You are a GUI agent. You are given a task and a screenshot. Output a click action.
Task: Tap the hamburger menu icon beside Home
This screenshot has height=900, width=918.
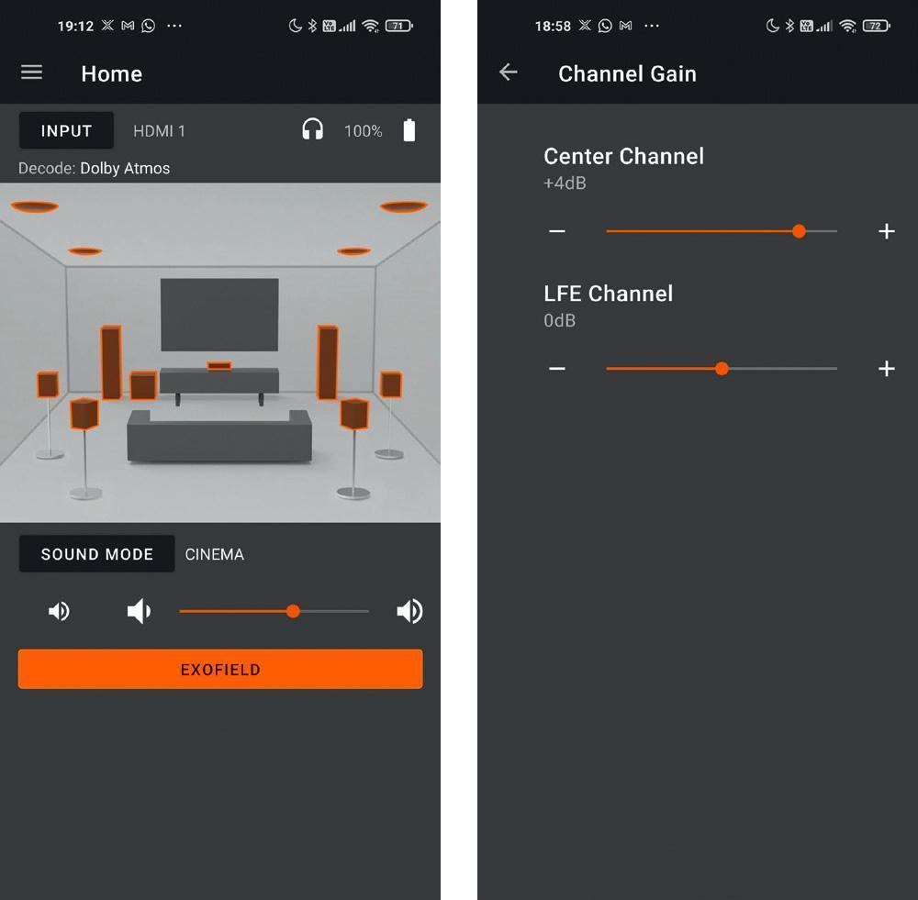(31, 72)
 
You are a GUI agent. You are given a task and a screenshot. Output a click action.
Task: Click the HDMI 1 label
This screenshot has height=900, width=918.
(159, 131)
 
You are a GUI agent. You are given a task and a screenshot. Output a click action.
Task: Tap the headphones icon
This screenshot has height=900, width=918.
(313, 129)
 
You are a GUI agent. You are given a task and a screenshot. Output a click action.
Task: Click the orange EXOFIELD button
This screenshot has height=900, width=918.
(220, 669)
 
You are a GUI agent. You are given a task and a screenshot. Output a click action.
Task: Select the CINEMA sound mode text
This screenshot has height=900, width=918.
(214, 554)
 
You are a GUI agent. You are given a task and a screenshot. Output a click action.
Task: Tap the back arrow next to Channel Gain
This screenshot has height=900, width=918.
(509, 72)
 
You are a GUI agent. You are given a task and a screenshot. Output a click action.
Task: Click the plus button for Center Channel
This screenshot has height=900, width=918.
(887, 231)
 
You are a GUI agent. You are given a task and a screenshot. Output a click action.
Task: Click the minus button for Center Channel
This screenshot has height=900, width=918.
(557, 231)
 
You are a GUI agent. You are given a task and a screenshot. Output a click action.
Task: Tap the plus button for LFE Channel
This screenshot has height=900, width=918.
(887, 369)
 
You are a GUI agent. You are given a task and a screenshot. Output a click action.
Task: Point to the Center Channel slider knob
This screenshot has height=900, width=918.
(799, 231)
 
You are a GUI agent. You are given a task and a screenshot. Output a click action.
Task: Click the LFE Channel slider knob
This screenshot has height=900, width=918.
(722, 369)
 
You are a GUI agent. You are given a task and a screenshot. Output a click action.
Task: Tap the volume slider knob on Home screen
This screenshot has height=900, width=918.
(294, 612)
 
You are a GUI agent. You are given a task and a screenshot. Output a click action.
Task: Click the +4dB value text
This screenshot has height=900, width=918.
(565, 183)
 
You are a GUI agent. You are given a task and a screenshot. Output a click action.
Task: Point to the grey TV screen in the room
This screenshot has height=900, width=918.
(219, 315)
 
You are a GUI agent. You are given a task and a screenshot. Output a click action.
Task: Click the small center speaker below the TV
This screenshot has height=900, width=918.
(219, 366)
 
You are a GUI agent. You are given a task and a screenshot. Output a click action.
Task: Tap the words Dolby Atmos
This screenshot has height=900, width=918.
(125, 169)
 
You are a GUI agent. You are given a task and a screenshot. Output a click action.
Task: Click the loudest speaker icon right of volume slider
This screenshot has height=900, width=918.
(409, 612)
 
